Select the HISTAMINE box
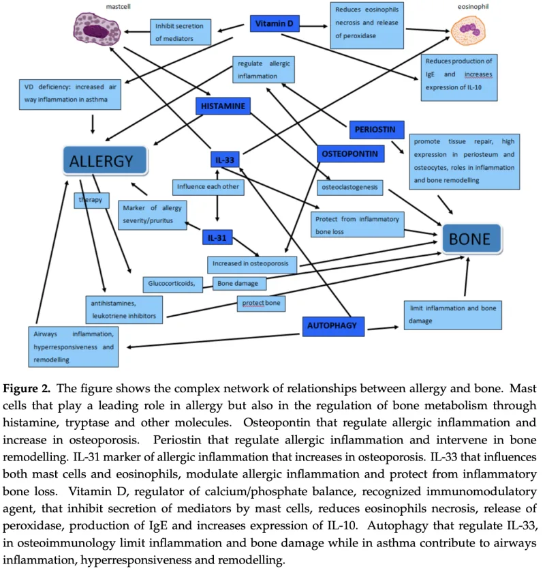coord(223,106)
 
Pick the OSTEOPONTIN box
coord(347,154)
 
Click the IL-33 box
coord(225,160)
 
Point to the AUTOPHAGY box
coord(334,325)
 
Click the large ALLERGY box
coord(105,161)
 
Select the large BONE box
coord(475,239)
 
